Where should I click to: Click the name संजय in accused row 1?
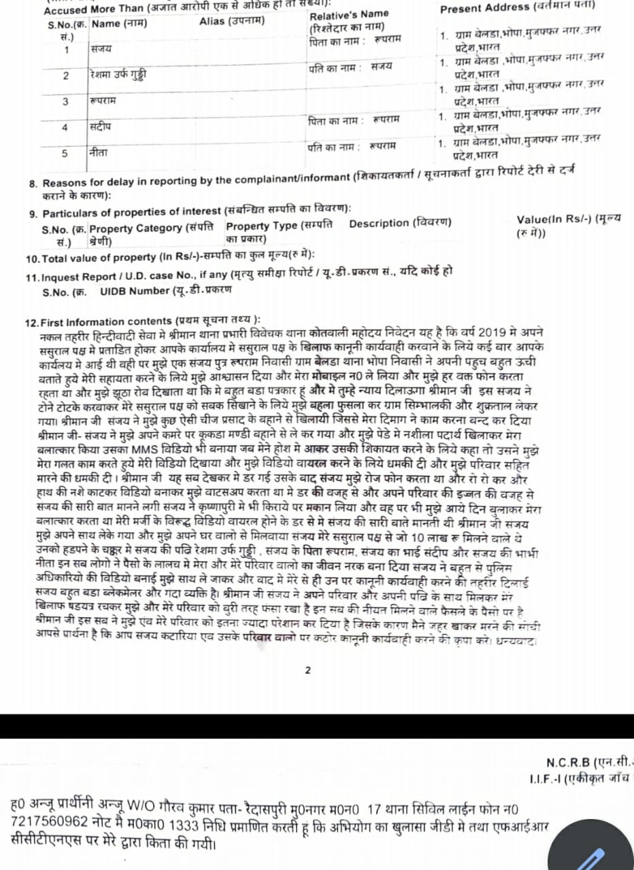(101, 50)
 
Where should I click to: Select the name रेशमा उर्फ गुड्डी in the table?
(117, 75)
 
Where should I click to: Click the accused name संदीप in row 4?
(100, 127)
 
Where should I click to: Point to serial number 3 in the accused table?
(66, 101)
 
